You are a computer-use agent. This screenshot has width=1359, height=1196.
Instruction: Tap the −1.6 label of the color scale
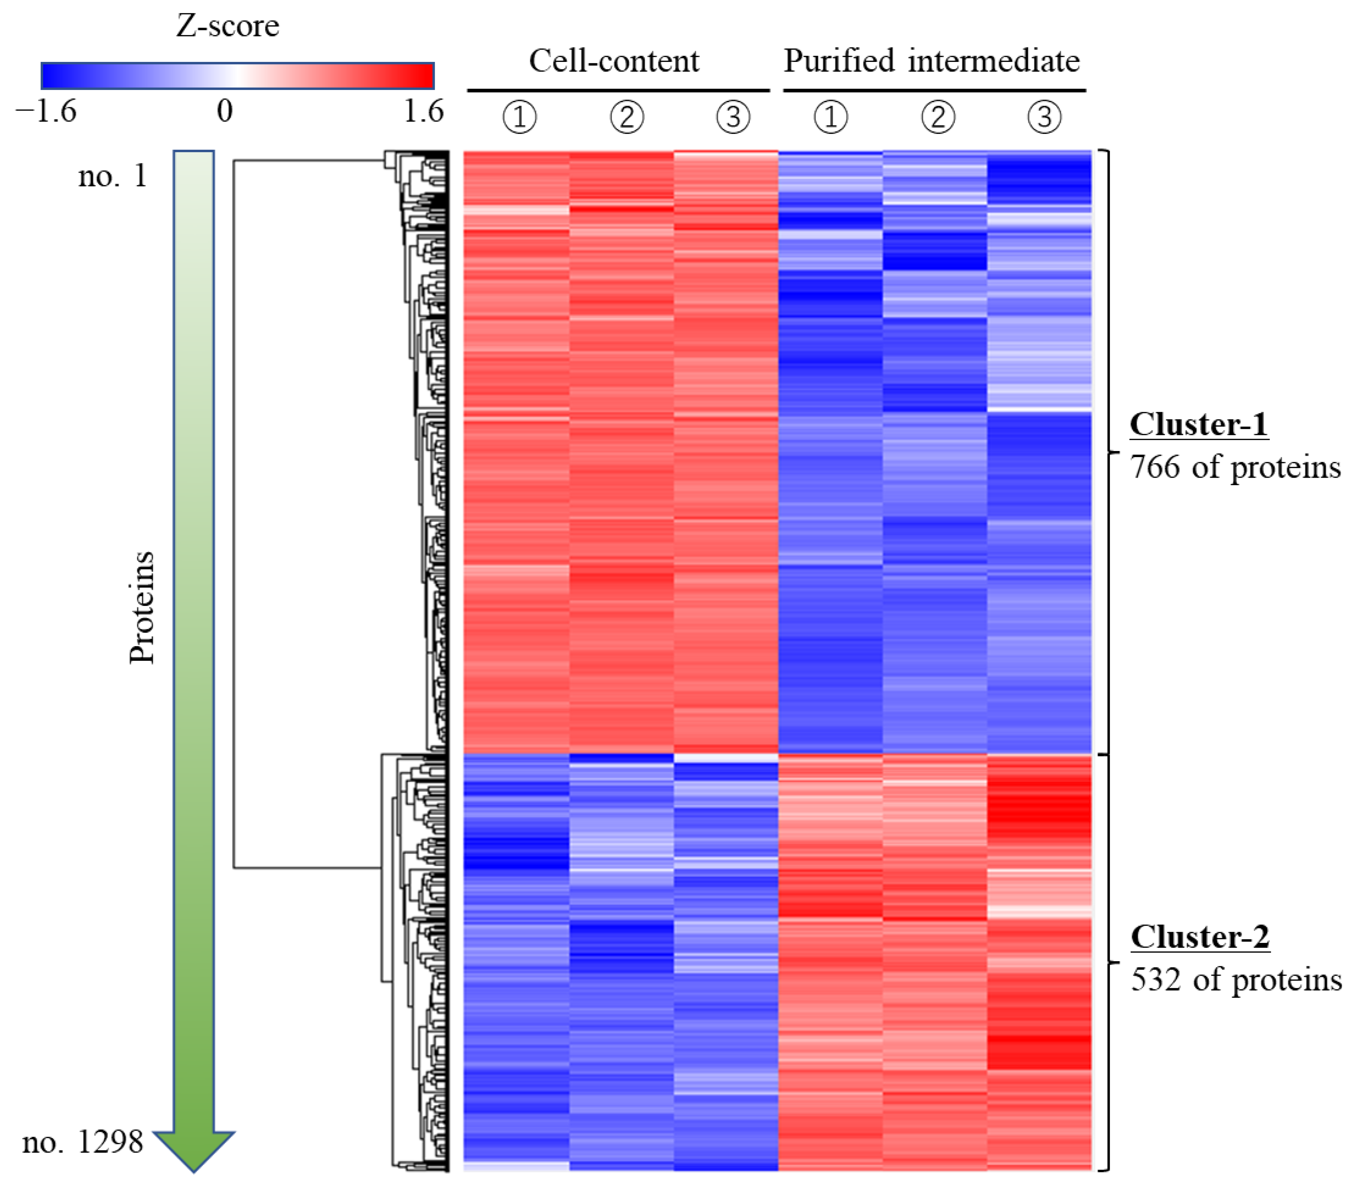tap(47, 111)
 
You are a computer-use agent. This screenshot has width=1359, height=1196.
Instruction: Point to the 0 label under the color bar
tap(225, 111)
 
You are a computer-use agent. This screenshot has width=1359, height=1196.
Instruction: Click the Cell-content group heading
tap(614, 61)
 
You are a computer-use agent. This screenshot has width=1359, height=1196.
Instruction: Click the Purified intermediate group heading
tap(931, 61)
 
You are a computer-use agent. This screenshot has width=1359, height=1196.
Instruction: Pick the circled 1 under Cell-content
tap(519, 118)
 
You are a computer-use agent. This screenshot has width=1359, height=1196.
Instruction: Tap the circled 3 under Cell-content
tap(733, 118)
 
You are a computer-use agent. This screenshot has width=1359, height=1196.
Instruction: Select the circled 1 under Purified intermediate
tap(831, 118)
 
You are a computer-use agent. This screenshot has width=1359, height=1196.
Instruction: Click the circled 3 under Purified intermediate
tap(1044, 118)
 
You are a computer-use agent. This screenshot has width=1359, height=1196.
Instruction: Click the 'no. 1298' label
tap(83, 1142)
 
